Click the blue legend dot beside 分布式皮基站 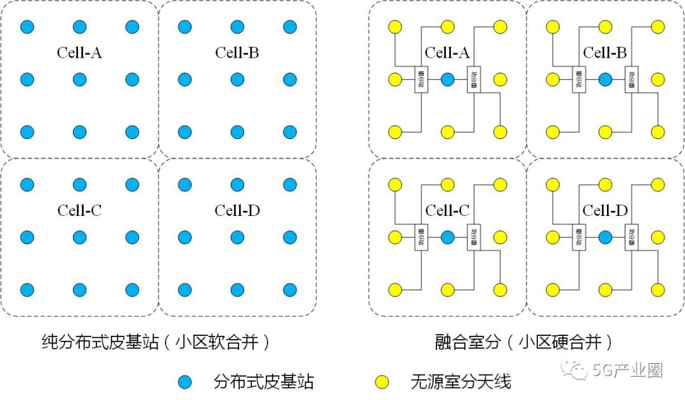click(185, 382)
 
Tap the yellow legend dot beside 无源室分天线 click(381, 382)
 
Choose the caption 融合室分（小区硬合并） click(525, 343)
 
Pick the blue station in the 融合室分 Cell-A click(447, 79)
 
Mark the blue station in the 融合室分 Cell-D click(605, 237)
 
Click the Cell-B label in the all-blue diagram click(237, 53)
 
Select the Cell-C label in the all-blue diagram click(79, 211)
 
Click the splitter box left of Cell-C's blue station click(421, 237)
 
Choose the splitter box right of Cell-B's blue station click(631, 79)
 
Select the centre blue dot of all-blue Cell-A click(79, 79)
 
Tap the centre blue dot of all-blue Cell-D click(237, 237)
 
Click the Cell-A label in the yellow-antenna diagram click(447, 53)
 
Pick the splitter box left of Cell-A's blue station click(421, 79)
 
